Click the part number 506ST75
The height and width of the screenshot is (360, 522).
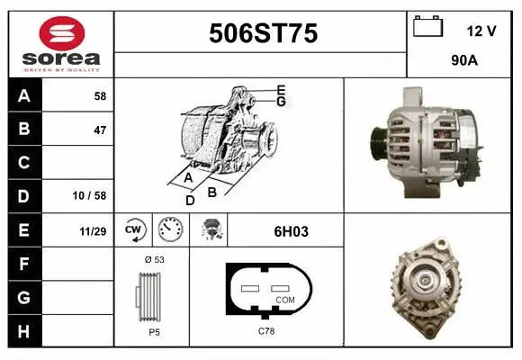click(x=262, y=33)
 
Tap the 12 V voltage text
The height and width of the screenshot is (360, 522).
click(x=481, y=31)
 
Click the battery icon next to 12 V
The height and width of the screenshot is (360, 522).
click(x=428, y=28)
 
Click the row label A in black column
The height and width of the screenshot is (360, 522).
click(x=23, y=95)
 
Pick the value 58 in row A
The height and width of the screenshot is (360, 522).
click(x=100, y=95)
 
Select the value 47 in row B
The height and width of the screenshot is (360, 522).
click(x=100, y=130)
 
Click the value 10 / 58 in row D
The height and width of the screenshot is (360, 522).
click(x=93, y=196)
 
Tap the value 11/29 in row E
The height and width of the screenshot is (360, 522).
click(x=93, y=231)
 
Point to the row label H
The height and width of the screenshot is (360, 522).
click(x=23, y=331)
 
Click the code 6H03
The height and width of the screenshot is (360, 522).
click(x=291, y=231)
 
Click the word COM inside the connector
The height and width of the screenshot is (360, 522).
click(x=285, y=299)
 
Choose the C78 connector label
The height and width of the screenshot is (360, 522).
click(x=266, y=331)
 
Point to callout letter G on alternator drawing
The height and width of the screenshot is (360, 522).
click(x=281, y=102)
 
